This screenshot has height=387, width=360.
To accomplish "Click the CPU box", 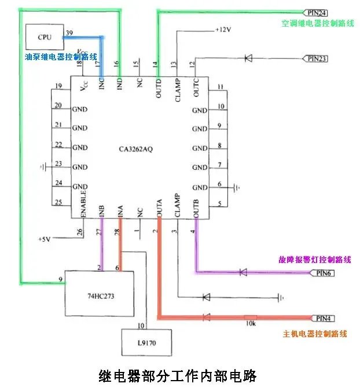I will tap(45, 37).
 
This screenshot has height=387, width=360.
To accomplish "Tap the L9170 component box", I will tap(146, 342).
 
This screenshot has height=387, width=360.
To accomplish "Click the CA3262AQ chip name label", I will tap(135, 148).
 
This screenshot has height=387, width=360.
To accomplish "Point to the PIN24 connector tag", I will tap(317, 12).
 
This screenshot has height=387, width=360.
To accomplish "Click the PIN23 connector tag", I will tap(317, 58).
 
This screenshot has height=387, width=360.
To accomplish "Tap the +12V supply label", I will tap(223, 30).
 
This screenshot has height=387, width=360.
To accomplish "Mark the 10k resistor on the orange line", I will tap(251, 317).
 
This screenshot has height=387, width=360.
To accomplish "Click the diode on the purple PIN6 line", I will tap(243, 272).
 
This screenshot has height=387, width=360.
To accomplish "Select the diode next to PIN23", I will tap(248, 58).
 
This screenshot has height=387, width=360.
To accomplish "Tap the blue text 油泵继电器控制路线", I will tap(60, 57).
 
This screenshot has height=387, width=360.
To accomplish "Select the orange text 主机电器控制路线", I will tap(315, 334).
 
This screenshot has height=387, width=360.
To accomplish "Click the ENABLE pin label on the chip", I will tap(83, 203).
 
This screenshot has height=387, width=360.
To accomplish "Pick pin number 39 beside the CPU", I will tap(69, 32).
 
